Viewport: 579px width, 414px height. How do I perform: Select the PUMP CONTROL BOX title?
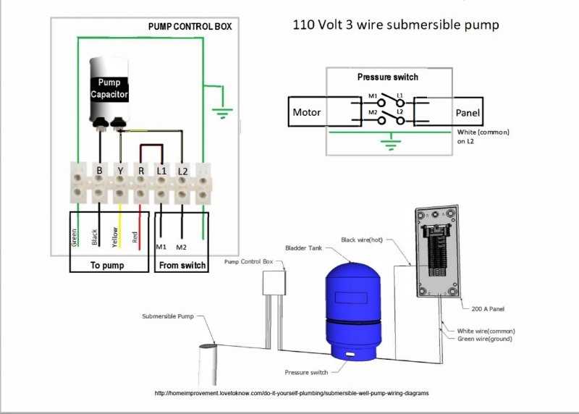(190, 26)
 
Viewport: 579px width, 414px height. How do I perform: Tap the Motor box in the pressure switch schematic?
(306, 112)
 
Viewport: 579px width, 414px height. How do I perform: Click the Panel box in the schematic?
(468, 113)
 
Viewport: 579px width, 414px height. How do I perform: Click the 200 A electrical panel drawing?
(438, 253)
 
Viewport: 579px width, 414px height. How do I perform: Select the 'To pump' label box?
(107, 265)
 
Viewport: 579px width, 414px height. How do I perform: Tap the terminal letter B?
(99, 171)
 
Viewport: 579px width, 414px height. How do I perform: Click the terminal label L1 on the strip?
(161, 171)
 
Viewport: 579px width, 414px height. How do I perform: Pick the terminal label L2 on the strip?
(183, 171)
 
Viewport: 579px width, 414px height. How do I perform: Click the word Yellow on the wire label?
(114, 237)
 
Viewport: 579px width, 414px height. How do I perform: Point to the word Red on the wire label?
(135, 237)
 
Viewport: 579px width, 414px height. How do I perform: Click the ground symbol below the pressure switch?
(392, 145)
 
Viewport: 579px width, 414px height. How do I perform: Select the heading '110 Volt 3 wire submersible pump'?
(395, 25)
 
